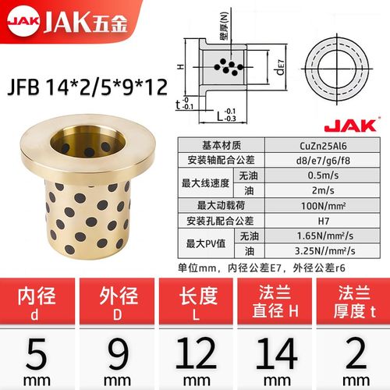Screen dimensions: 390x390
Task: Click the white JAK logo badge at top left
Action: [x=22, y=15]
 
